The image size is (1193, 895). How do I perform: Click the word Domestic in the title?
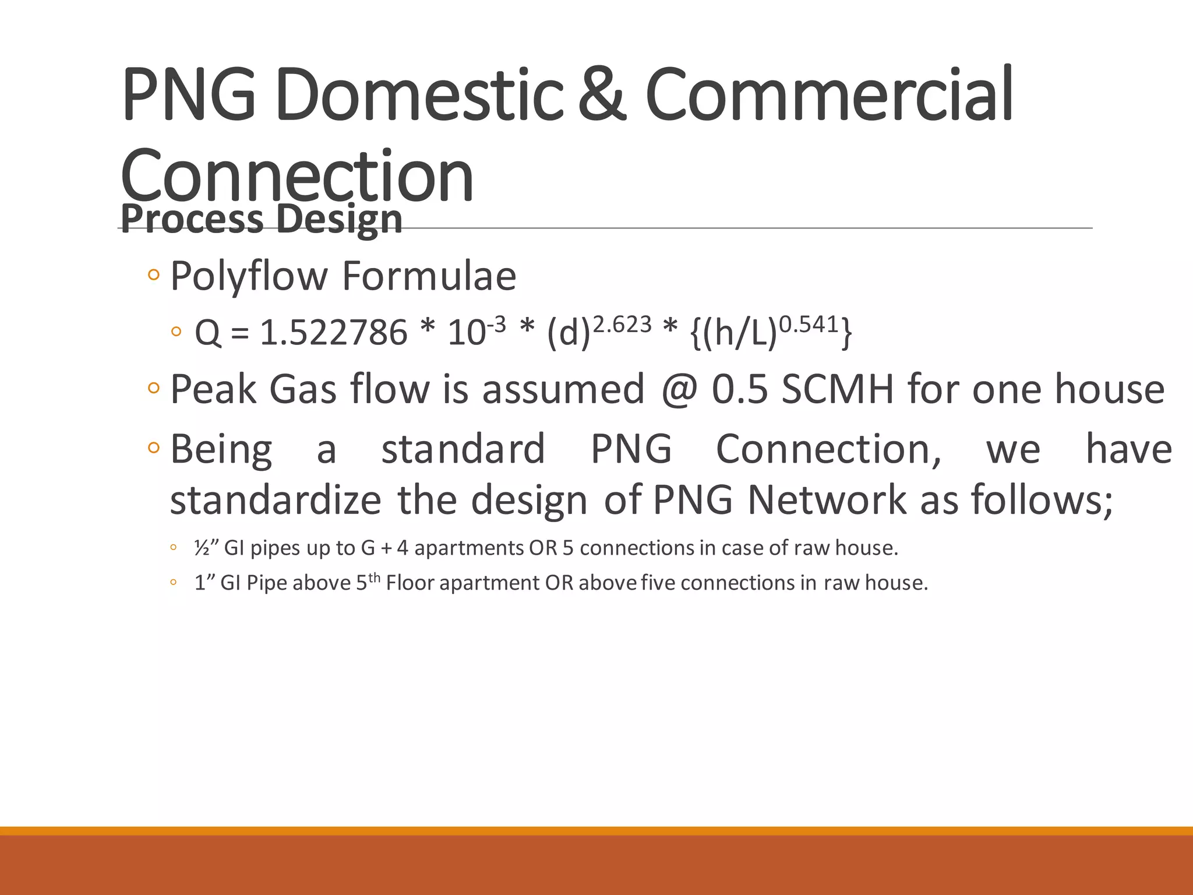[x=419, y=94]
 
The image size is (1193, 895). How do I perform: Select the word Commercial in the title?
[x=830, y=94]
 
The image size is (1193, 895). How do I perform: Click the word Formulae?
[x=429, y=276]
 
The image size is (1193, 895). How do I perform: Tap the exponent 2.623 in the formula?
[x=622, y=324]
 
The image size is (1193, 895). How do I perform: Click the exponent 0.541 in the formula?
[x=809, y=324]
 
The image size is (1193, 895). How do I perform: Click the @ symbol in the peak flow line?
[x=679, y=389]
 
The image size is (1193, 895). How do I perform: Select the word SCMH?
[x=837, y=389]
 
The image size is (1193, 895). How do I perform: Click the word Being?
[x=221, y=450]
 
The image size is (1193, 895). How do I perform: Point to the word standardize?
[x=275, y=500]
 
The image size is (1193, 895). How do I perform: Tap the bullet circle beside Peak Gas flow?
[x=154, y=387]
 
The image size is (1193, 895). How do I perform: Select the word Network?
[x=827, y=500]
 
